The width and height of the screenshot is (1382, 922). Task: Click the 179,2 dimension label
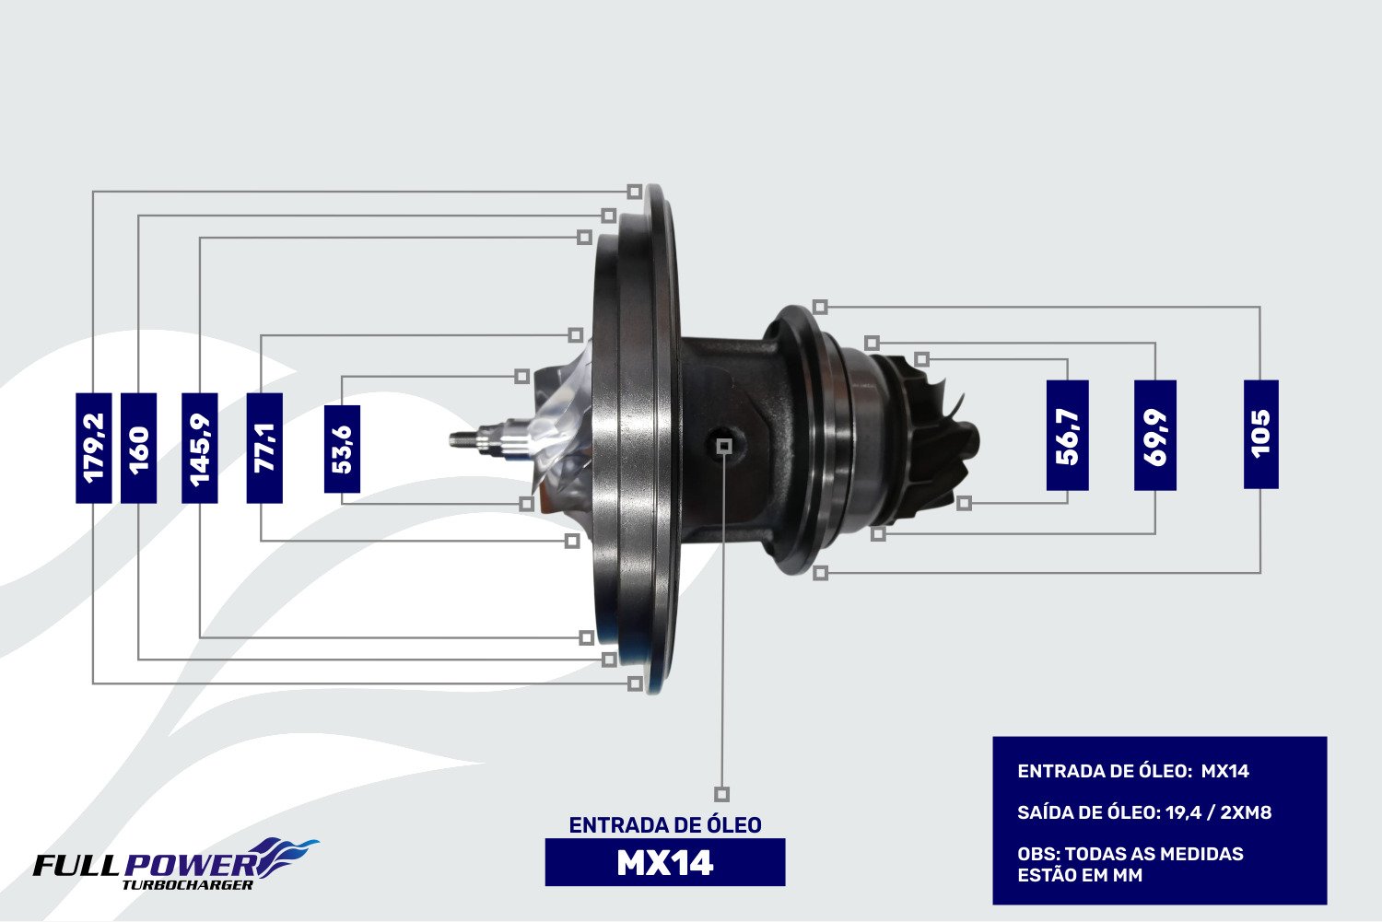[x=94, y=448]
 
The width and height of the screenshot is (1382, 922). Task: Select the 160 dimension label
[x=139, y=448]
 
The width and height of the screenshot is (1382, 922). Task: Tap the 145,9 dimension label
[x=200, y=448]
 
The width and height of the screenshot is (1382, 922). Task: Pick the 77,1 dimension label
[x=264, y=448]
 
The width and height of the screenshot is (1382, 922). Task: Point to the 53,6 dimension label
[x=343, y=449]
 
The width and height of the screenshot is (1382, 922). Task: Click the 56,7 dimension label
[x=1067, y=436]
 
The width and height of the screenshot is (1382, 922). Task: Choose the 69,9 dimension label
[x=1155, y=436]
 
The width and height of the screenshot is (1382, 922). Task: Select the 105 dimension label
[x=1261, y=435]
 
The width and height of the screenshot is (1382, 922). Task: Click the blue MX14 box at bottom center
[x=665, y=862]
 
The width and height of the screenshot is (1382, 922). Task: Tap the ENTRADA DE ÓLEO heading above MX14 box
[x=665, y=825]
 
